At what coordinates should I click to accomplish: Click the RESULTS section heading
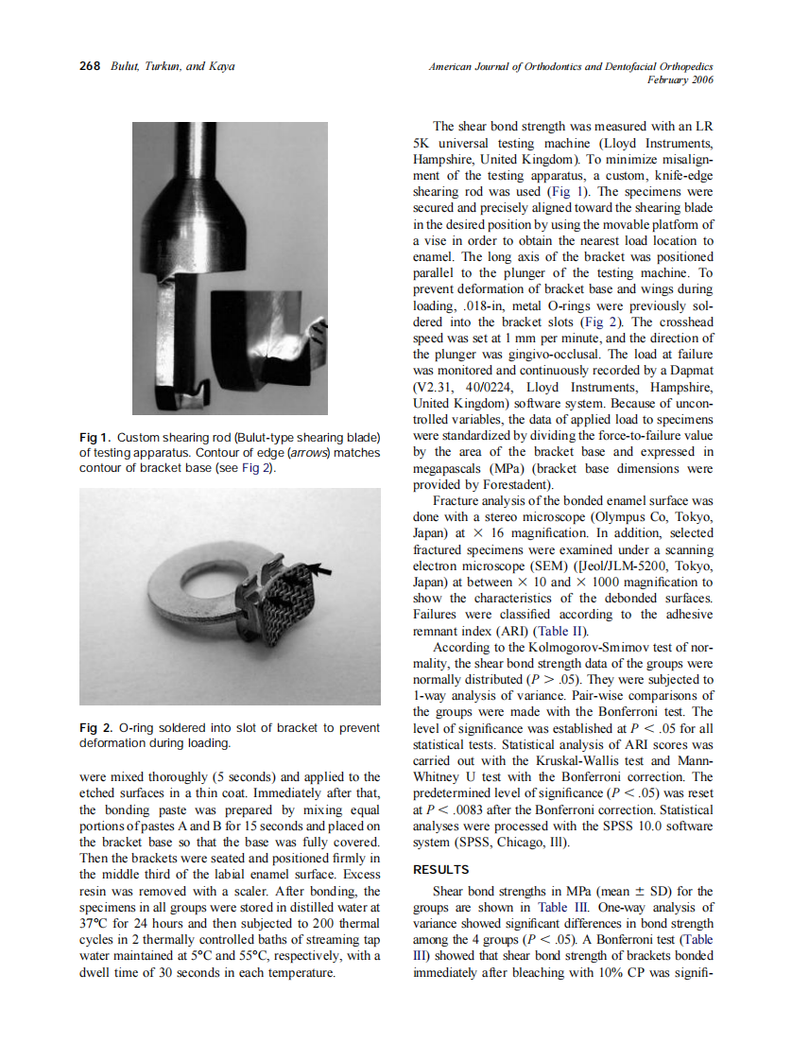tap(442, 869)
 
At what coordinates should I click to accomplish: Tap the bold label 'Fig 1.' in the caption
tap(95, 438)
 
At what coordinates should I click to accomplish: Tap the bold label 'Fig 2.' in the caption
tap(95, 728)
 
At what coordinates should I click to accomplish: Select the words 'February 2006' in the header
tap(680, 80)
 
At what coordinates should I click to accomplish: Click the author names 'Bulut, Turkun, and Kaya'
tap(172, 66)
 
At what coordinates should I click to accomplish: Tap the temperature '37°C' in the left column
tap(95, 922)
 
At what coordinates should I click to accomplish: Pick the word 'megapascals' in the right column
tap(452, 468)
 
